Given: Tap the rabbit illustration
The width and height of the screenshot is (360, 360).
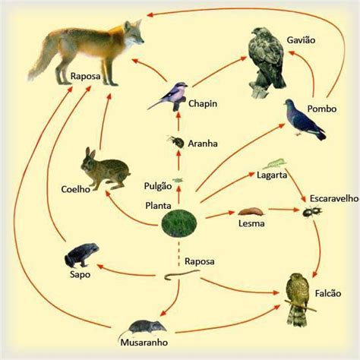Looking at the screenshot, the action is (x=105, y=169).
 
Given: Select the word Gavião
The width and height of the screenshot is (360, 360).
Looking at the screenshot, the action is (x=301, y=40).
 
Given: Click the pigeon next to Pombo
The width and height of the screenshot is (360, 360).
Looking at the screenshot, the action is (x=304, y=119).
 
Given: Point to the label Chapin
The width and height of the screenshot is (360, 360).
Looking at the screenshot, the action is (x=203, y=103).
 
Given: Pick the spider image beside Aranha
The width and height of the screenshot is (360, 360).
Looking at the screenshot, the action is (x=175, y=141).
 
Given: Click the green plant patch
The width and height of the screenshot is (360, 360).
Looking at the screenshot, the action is (x=179, y=223).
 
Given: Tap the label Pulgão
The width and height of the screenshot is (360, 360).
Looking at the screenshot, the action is (x=158, y=186).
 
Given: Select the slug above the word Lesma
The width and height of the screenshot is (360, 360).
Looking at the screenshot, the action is (x=251, y=212).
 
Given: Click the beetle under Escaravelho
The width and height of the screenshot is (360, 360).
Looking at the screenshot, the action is (x=312, y=212).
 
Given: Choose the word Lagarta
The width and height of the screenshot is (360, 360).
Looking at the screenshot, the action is (x=272, y=175).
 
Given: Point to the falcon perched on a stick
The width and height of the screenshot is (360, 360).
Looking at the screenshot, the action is (x=298, y=299).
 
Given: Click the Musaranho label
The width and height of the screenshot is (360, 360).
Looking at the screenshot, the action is (x=144, y=343).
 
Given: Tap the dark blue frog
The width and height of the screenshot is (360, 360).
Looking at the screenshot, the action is (x=81, y=255).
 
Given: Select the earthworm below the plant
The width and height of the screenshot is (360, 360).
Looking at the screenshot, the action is (x=182, y=274).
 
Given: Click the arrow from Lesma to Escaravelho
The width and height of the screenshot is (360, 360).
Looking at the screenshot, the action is (x=284, y=210).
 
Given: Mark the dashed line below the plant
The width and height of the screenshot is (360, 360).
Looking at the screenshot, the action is (x=179, y=252).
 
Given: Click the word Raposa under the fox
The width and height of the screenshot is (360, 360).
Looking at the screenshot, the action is (x=85, y=76).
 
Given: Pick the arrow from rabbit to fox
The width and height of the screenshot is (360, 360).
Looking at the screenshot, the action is (x=104, y=122).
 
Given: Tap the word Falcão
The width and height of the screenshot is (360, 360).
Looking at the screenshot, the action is (x=328, y=293).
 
